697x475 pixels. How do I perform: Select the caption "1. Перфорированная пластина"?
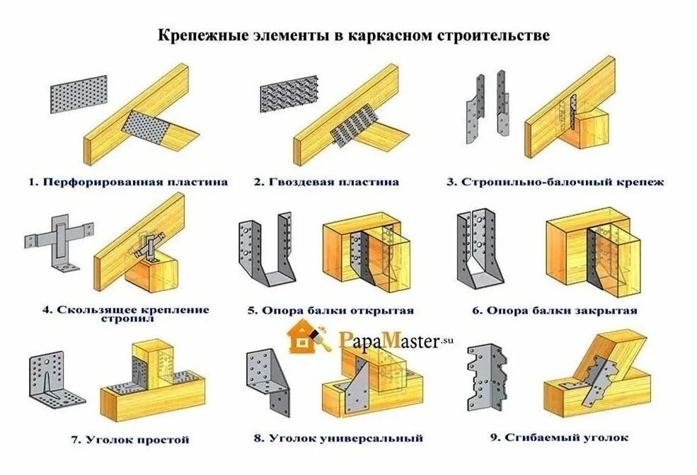[x=128, y=182]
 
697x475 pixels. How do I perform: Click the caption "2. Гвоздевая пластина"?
[x=326, y=182]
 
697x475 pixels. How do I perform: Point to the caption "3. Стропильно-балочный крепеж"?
[x=554, y=182]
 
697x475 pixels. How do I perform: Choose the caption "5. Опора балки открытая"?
[x=330, y=310]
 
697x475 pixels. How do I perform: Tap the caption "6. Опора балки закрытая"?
[x=555, y=310]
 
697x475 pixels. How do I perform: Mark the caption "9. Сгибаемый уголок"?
[x=558, y=437]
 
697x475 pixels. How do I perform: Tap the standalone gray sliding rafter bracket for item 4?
[x=59, y=238]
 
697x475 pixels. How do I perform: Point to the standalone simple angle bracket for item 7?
[x=56, y=381]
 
